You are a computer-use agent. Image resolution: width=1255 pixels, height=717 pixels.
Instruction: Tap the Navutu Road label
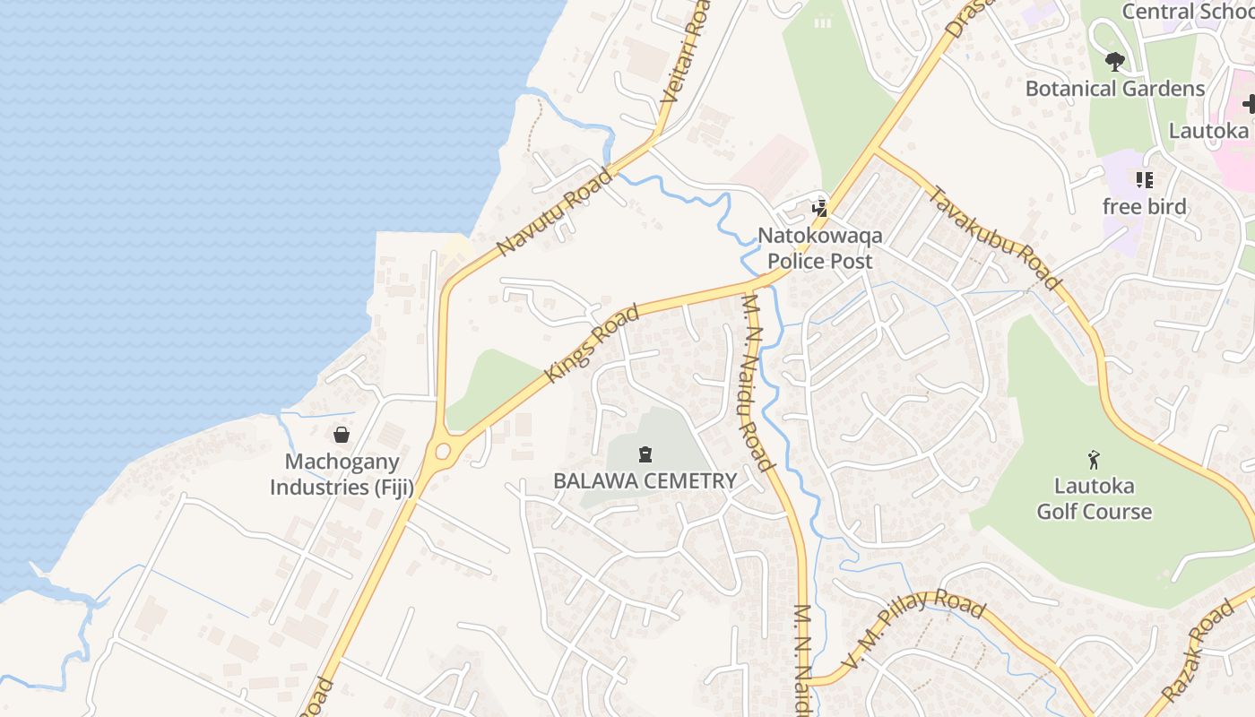click(556, 210)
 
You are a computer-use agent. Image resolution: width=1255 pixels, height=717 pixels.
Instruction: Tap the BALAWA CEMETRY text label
click(645, 480)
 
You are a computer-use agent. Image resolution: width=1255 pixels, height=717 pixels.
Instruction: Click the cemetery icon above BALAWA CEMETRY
click(645, 454)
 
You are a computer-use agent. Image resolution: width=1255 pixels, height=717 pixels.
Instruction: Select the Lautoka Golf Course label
click(1094, 499)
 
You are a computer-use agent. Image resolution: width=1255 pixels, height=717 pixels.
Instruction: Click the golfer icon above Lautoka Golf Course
click(1093, 461)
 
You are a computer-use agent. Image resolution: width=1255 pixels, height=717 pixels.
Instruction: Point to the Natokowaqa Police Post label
click(819, 248)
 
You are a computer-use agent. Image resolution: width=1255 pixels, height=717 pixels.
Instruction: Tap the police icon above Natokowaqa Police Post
click(818, 209)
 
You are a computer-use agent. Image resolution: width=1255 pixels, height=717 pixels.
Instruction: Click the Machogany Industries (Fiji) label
click(342, 475)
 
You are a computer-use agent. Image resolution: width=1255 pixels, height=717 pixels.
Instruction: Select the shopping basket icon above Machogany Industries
click(342, 436)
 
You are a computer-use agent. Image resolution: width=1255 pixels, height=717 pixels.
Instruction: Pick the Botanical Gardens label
click(1114, 89)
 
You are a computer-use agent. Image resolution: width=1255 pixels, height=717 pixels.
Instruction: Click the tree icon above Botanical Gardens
click(1114, 62)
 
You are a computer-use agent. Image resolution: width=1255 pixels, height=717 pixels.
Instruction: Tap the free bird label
click(1144, 207)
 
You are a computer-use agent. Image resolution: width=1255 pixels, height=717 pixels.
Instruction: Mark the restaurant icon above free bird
click(1144, 180)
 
